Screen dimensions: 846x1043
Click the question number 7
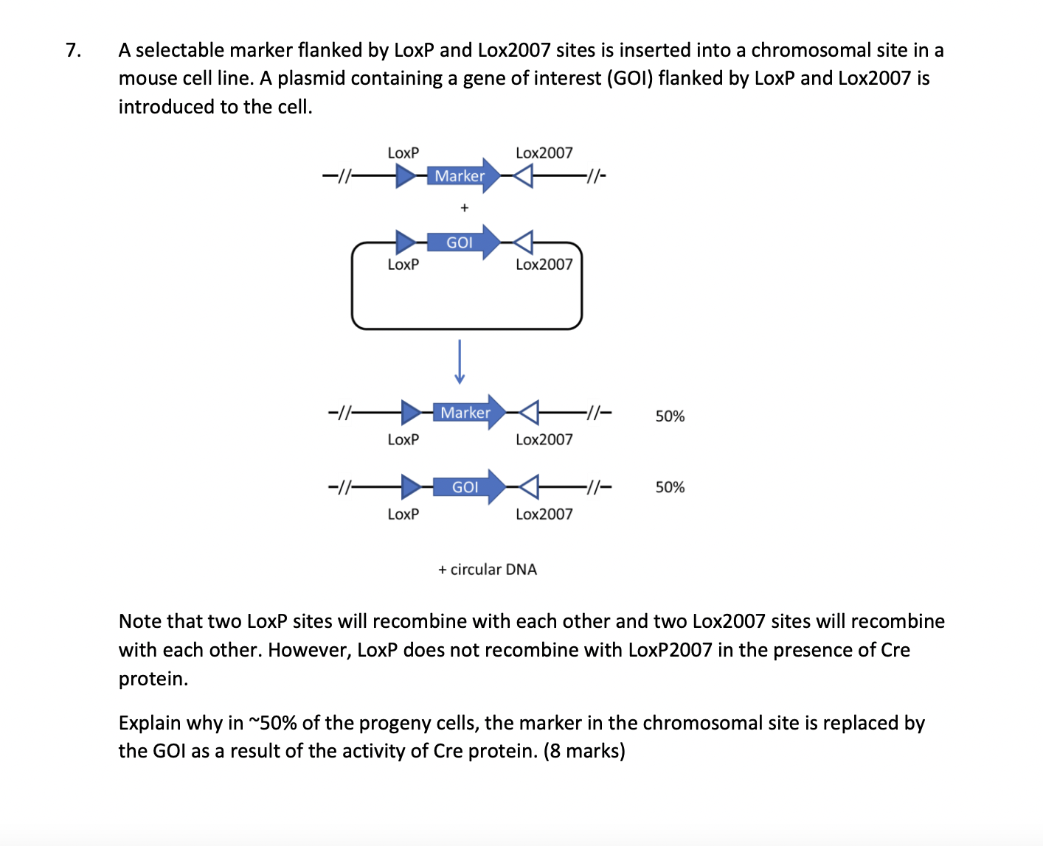72,50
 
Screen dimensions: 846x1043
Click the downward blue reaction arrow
460,362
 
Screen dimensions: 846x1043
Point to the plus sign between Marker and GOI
464,208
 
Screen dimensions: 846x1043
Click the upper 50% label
670,416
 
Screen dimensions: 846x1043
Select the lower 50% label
670,487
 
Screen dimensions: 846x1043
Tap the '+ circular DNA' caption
488,570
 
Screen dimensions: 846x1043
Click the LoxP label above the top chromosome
403,153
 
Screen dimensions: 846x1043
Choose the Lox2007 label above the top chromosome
544,153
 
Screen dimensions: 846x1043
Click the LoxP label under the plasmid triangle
403,264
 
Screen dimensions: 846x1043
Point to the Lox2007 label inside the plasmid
544,264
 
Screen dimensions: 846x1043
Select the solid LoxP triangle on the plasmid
405,242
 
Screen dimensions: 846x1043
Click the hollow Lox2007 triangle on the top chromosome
523,176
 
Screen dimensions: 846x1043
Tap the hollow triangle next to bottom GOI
530,487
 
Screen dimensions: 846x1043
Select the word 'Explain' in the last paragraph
150,723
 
